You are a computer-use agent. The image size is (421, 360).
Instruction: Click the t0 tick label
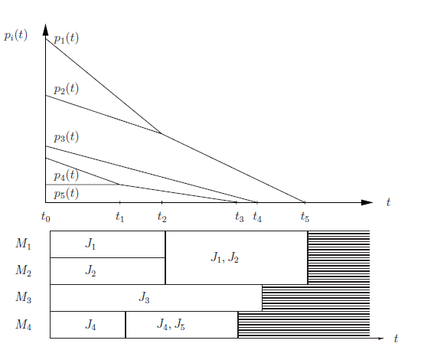(x=46, y=217)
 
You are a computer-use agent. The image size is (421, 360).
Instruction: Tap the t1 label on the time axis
(x=119, y=217)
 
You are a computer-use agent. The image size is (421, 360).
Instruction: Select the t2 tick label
(x=162, y=217)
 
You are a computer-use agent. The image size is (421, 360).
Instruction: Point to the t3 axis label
(x=240, y=217)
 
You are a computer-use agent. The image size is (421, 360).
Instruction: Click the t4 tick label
(x=257, y=217)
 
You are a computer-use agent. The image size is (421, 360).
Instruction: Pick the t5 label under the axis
(x=305, y=217)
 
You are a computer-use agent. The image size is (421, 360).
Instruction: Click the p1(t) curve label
(x=66, y=38)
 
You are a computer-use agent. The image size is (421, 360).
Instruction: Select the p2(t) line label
(x=66, y=89)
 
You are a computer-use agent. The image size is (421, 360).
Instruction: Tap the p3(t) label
(x=66, y=137)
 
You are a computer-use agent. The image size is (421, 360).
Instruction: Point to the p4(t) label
(x=66, y=175)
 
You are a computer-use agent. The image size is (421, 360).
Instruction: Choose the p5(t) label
(x=66, y=194)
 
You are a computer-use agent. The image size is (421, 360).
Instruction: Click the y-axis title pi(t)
(x=15, y=35)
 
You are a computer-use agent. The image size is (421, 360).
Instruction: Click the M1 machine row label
(x=24, y=244)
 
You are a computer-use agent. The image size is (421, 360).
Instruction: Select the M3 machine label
(x=24, y=297)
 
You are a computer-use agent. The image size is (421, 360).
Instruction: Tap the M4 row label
(x=24, y=324)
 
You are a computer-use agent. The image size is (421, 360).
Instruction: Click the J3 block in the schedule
(x=156, y=298)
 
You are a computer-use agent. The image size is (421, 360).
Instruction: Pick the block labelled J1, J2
(x=237, y=257)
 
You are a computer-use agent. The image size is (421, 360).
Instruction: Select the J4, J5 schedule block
(x=181, y=325)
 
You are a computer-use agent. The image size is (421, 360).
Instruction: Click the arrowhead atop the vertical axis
(x=46, y=30)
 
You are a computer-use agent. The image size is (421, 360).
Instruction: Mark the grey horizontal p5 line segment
(x=83, y=185)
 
